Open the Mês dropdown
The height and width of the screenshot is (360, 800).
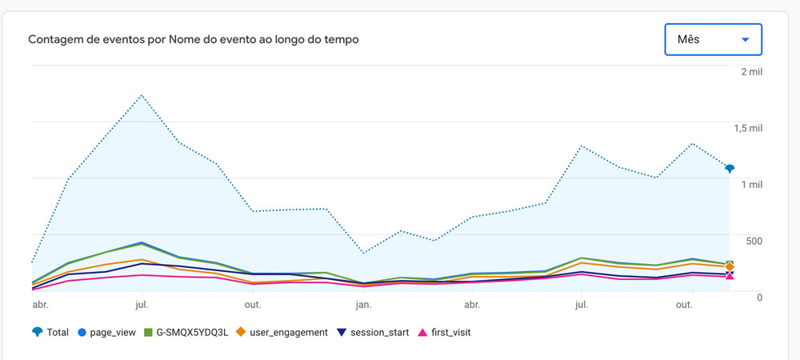point(712,39)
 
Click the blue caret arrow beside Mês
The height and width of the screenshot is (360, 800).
point(746,39)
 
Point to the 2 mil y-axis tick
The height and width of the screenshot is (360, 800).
point(751,72)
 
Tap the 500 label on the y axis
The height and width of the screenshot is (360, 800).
point(753,241)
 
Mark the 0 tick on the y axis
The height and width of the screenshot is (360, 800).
point(759,297)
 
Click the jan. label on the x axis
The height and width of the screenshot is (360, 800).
point(363,305)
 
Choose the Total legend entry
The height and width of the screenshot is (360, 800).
point(50,332)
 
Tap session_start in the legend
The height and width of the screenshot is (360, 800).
point(374,332)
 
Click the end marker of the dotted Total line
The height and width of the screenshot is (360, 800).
point(730,168)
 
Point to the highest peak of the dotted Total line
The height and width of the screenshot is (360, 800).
point(142,95)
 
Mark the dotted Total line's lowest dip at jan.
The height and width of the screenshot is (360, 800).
point(363,254)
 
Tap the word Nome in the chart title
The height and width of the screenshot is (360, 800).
point(184,39)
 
